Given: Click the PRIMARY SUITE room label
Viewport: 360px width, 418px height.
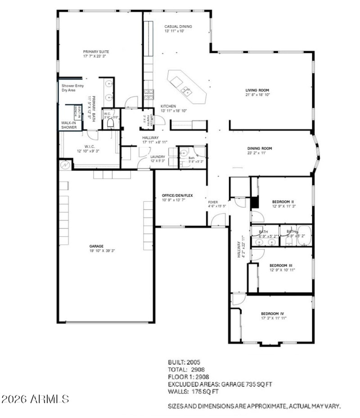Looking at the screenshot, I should (x=96, y=52).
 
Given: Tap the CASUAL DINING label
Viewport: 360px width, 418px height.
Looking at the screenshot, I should (x=178, y=27).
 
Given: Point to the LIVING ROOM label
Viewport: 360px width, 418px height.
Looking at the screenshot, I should (x=257, y=90).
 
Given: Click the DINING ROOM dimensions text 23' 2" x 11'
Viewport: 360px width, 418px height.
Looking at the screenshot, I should (x=260, y=153).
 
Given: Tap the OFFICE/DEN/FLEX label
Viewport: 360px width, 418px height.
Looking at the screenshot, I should (x=177, y=195).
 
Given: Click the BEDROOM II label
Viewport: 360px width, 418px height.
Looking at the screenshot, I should (x=283, y=201).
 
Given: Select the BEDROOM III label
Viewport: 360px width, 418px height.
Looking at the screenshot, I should (x=282, y=266).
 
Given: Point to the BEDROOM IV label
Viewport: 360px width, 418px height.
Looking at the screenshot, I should (x=273, y=313).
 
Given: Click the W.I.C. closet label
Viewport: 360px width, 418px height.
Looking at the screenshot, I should (x=89, y=146).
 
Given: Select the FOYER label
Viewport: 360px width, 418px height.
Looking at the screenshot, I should (x=213, y=202).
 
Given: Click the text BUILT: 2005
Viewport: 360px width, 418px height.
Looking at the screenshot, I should (x=184, y=362).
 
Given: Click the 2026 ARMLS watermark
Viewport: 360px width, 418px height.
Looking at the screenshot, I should (x=36, y=399).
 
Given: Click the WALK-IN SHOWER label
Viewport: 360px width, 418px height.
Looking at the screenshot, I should (x=69, y=125).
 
